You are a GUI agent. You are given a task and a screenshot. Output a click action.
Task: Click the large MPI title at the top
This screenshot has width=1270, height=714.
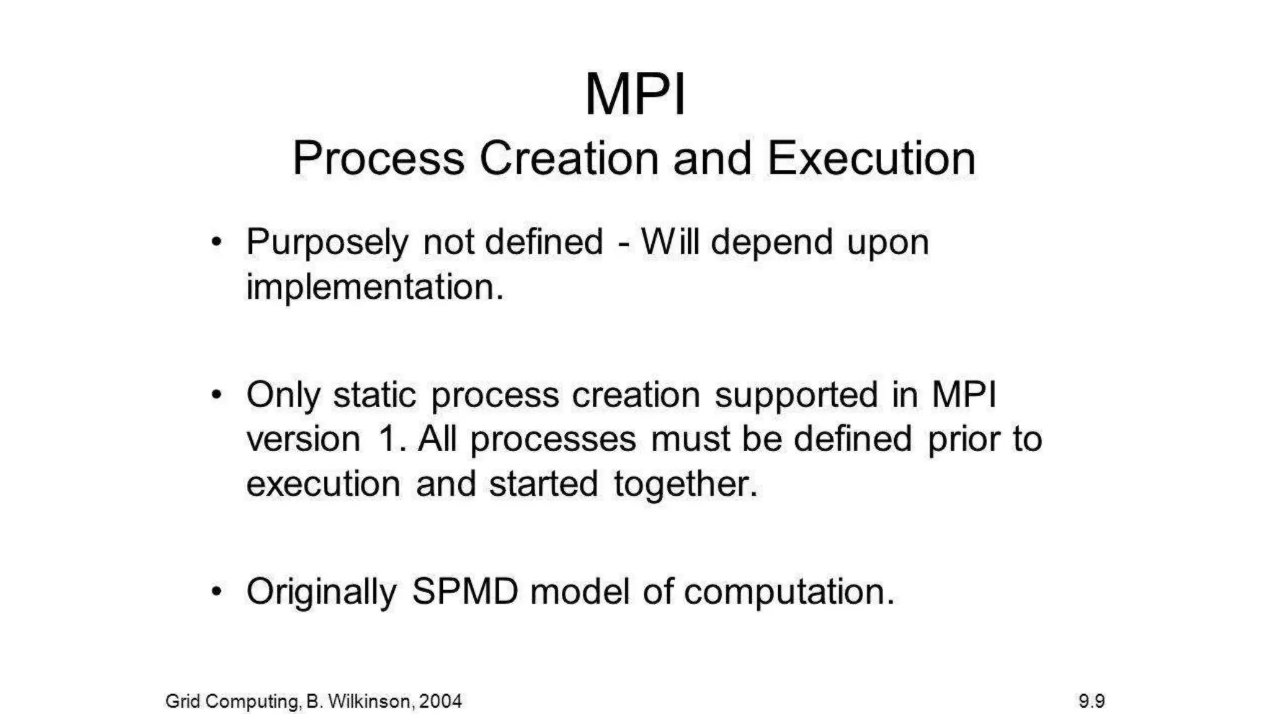[635, 95]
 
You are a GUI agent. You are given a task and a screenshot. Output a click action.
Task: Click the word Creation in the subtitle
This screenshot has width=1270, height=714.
[569, 159]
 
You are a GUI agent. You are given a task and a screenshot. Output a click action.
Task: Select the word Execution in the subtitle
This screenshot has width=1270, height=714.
[871, 159]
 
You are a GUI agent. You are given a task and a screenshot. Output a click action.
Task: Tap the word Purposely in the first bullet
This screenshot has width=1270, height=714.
[327, 243]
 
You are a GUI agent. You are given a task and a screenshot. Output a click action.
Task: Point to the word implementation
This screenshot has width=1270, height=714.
[375, 288]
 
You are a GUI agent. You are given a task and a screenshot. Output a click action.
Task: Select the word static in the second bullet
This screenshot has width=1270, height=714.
[375, 395]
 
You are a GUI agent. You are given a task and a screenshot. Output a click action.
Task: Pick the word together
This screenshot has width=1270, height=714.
[686, 485]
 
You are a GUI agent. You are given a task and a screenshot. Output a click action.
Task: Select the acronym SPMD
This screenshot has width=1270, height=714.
[465, 591]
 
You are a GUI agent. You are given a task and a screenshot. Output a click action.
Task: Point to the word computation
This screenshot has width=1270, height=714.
[789, 593]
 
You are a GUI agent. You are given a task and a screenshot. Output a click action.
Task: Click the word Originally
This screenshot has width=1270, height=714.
[321, 593]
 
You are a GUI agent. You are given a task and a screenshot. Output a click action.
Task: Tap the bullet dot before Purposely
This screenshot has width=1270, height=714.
[216, 242]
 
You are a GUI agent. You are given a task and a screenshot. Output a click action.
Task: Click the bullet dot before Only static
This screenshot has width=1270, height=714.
[216, 395]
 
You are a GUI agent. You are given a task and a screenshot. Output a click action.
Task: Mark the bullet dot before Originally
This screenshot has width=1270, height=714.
[216, 591]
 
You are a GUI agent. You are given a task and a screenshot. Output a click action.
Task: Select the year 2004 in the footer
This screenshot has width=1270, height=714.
[440, 701]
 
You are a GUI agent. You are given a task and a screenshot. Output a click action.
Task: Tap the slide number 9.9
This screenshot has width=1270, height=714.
[1091, 701]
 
